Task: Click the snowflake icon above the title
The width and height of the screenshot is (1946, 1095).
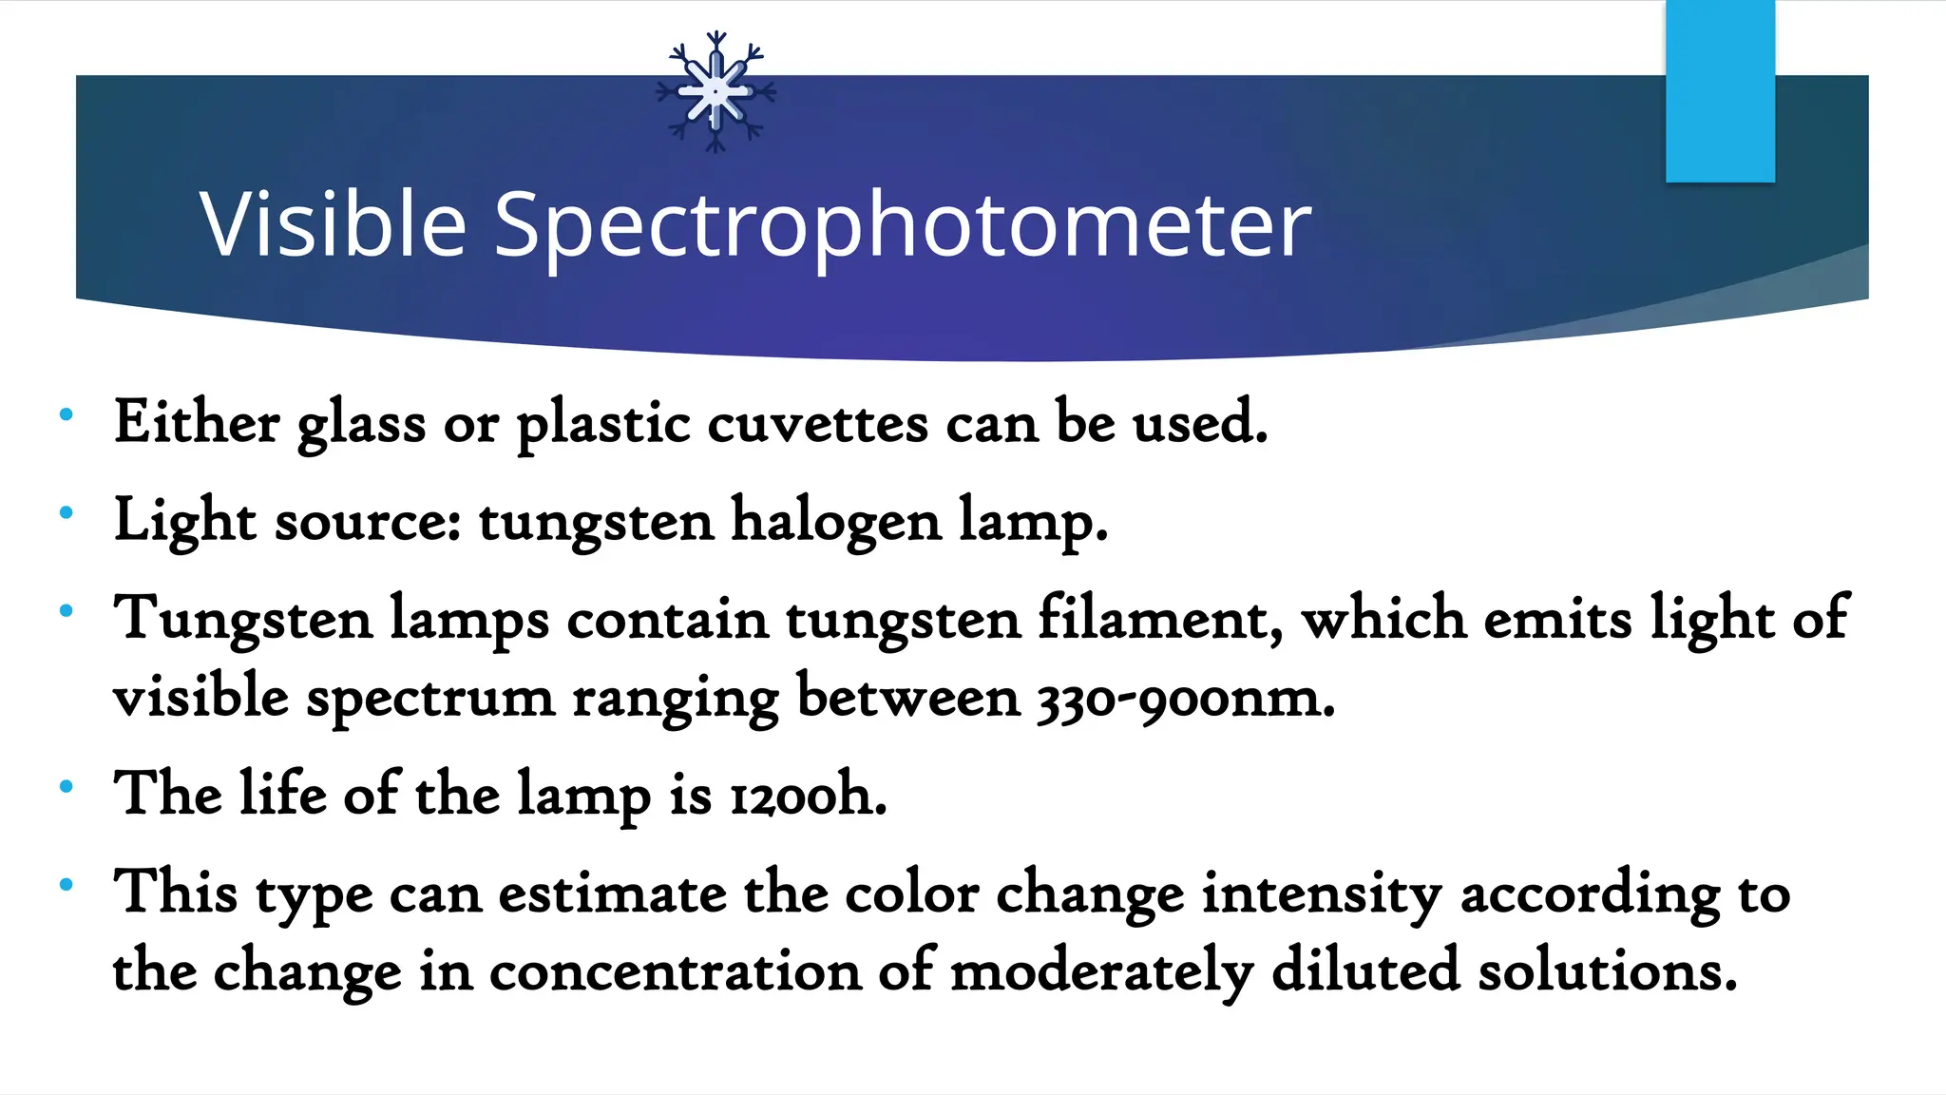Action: pos(716,92)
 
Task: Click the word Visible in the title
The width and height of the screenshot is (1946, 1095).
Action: pos(333,224)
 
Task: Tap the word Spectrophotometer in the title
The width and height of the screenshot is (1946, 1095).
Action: pos(903,226)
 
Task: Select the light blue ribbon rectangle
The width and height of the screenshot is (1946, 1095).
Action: pos(1720,91)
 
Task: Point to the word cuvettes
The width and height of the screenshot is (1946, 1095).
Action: pos(817,424)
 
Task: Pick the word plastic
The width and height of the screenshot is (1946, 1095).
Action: pos(603,424)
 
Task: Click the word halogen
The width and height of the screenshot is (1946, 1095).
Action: pos(835,522)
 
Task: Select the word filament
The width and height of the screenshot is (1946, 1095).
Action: pos(1160,619)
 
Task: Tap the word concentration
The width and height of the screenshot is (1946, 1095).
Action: pos(675,972)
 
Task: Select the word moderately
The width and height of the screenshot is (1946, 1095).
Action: pos(1101,972)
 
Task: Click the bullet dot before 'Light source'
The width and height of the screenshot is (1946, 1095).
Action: pos(66,513)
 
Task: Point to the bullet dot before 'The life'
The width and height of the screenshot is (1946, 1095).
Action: pos(66,786)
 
